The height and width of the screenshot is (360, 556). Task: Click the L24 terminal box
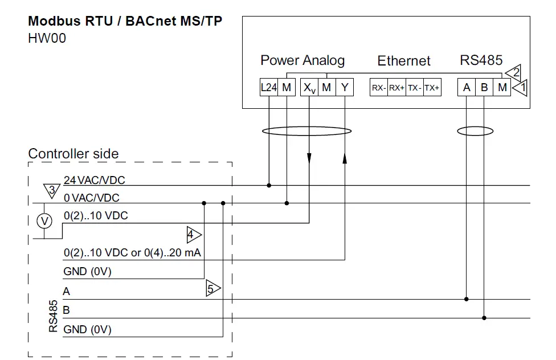(269, 88)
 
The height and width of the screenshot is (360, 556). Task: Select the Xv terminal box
(309, 88)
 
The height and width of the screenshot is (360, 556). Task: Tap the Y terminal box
(344, 88)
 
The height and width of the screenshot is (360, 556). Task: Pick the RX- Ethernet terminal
(379, 88)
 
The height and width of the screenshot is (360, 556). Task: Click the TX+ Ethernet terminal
(432, 88)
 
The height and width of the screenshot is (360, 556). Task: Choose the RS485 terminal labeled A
(467, 88)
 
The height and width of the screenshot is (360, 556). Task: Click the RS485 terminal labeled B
(484, 88)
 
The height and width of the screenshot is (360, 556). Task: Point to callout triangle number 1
(520, 88)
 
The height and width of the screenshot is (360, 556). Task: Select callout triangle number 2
(514, 72)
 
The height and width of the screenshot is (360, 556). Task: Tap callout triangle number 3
(51, 190)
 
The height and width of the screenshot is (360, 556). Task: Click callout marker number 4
(193, 234)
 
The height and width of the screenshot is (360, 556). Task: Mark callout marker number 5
(212, 289)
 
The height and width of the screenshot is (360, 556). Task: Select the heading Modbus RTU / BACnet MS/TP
(125, 22)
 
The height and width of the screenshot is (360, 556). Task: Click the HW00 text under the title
(47, 40)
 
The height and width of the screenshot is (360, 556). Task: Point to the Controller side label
(73, 154)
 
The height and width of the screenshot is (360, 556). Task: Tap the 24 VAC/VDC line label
(94, 181)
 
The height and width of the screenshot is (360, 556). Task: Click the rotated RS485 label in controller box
(53, 316)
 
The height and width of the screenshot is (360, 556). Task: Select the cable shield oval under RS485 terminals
(475, 132)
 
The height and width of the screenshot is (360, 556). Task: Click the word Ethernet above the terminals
(404, 61)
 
